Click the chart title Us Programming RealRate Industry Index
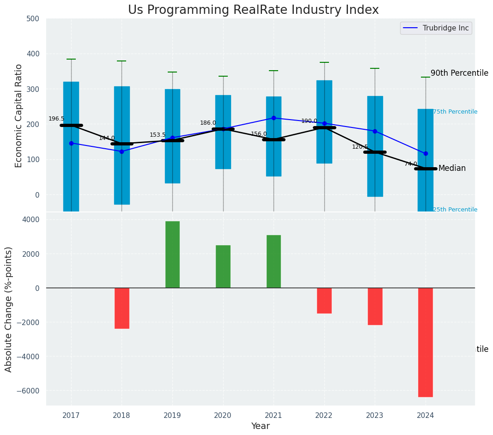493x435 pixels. [253, 10]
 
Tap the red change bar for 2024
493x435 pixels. [426, 342]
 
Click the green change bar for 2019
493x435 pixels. [172, 254]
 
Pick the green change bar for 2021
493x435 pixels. [274, 261]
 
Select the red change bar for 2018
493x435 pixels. [122, 308]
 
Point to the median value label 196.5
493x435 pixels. [56, 119]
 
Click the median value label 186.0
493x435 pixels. [208, 123]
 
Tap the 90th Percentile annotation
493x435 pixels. [459, 73]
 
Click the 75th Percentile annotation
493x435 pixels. [455, 112]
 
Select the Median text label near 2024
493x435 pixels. [452, 169]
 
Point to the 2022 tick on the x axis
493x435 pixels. [324, 415]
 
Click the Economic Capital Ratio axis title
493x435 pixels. [19, 116]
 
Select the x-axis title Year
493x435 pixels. [261, 426]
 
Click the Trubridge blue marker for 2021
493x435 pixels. [274, 118]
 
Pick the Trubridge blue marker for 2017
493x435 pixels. [71, 143]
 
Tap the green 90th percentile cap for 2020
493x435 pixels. [223, 76]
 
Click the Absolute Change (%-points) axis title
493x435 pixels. [9, 309]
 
